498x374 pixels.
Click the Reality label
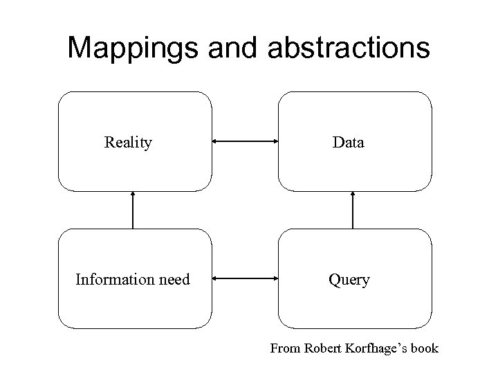point(128,143)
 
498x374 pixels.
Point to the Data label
point(349,143)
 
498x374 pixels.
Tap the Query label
point(349,280)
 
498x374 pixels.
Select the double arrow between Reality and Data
point(244,142)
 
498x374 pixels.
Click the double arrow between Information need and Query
point(244,280)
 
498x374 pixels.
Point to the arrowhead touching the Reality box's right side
point(216,142)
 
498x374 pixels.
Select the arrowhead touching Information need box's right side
point(216,280)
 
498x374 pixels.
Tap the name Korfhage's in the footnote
point(378,348)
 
